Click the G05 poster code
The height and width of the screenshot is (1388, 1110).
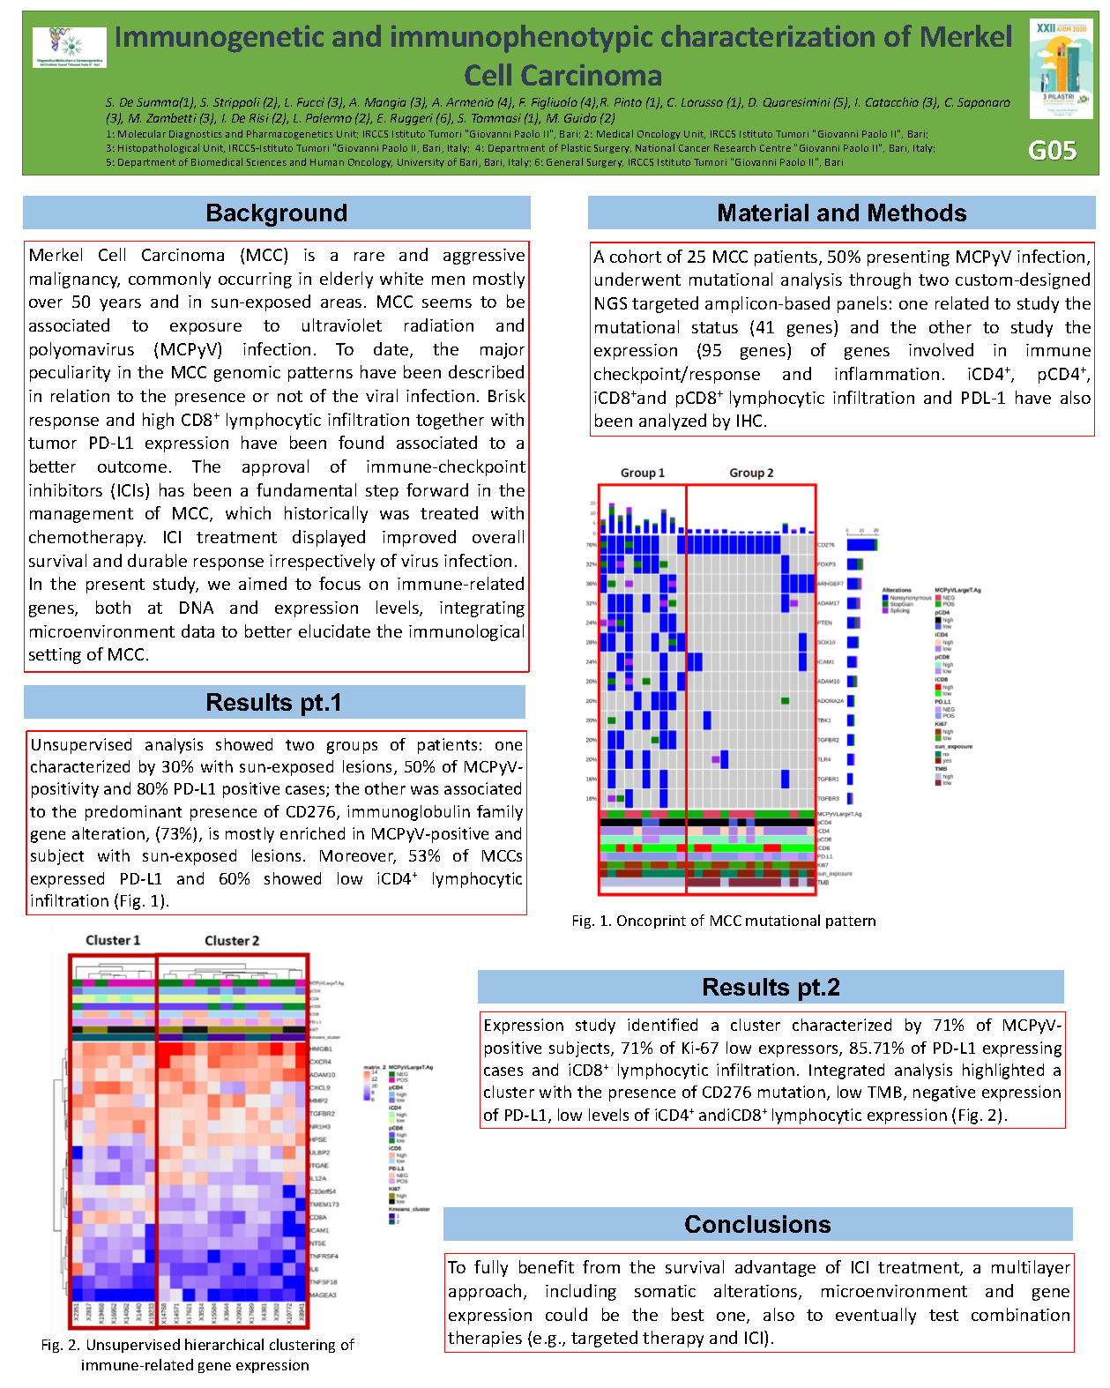click(1052, 151)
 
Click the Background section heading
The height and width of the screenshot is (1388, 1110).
click(276, 213)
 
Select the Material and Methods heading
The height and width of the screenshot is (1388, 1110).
click(841, 213)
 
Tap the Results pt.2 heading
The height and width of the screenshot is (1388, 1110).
click(771, 988)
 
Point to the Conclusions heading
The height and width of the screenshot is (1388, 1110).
click(757, 1225)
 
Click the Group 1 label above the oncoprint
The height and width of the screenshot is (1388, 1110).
click(642, 474)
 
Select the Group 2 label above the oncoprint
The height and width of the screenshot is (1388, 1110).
click(751, 474)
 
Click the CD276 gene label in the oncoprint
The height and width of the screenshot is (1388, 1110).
click(826, 545)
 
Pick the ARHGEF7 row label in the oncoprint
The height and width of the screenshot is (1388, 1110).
click(831, 584)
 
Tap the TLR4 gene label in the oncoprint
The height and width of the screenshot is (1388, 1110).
click(824, 759)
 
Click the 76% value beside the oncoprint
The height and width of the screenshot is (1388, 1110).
click(592, 545)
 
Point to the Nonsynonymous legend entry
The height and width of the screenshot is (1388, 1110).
click(909, 598)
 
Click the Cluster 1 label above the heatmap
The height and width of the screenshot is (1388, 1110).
click(113, 941)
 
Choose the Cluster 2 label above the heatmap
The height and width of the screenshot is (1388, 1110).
click(232, 941)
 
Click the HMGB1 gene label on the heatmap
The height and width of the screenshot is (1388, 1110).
click(321, 1049)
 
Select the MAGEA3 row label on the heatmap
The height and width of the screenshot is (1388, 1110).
click(322, 1295)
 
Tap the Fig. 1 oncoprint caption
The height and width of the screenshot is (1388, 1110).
click(724, 922)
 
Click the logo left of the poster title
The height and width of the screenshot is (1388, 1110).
click(70, 48)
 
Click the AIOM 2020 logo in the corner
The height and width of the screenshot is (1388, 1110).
click(1061, 69)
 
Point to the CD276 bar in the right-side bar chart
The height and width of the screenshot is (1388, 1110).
click(861, 545)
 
